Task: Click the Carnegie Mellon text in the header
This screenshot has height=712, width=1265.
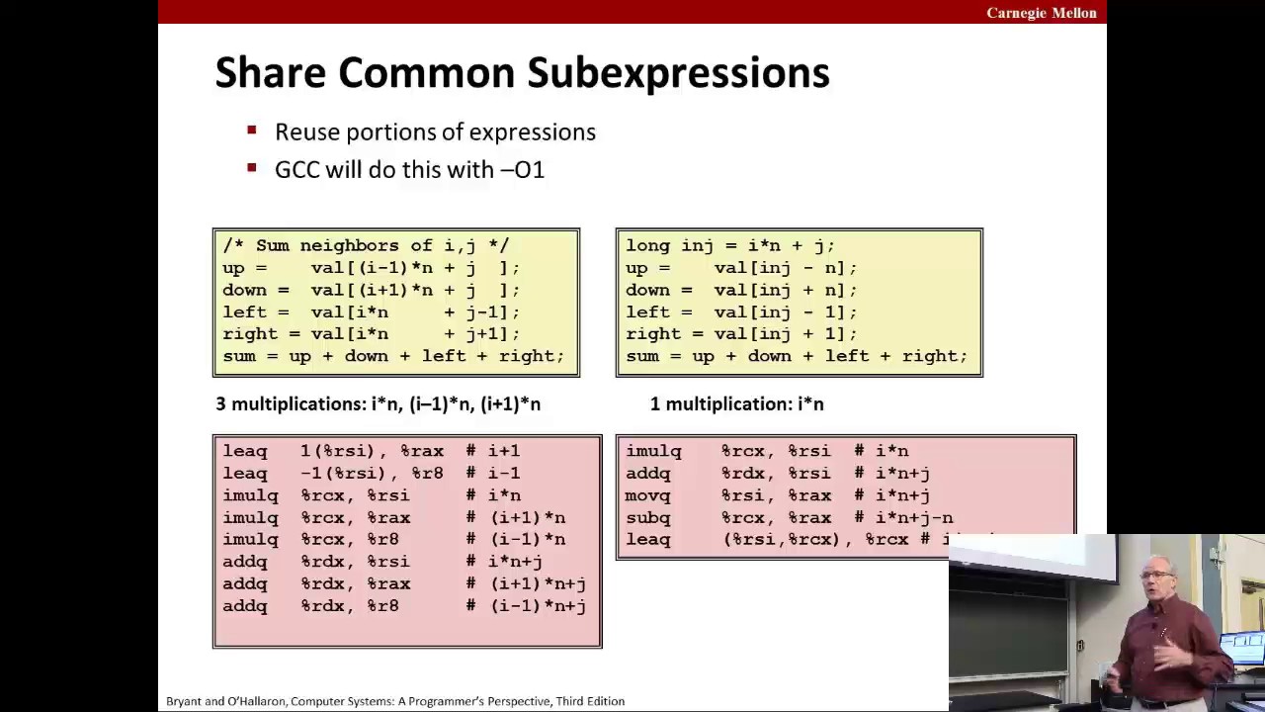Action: coord(1041,13)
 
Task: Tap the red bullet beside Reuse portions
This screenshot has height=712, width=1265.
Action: coord(252,131)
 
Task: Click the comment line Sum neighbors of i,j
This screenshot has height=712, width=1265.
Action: coord(366,245)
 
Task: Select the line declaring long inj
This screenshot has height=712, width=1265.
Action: coord(729,245)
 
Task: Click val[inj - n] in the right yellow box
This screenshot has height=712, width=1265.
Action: coord(785,268)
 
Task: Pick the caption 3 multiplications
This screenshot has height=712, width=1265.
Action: coord(378,403)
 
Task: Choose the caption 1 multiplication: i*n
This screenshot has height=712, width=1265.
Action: coord(736,403)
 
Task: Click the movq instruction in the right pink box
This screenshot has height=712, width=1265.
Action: coord(648,495)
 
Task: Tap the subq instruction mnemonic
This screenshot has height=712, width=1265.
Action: coord(648,517)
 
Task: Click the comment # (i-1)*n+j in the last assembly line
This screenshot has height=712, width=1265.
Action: coord(526,606)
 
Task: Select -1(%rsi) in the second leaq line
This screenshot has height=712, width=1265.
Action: coord(343,473)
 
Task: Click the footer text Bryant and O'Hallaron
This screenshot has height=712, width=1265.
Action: coord(394,701)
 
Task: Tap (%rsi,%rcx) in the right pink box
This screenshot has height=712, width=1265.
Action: coord(782,540)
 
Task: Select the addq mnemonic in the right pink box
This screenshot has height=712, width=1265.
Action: coord(648,473)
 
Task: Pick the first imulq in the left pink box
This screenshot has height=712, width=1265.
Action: coord(250,495)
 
